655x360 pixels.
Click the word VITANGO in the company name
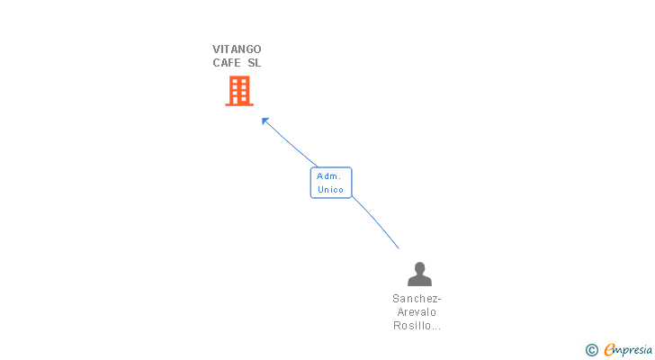tap(237, 49)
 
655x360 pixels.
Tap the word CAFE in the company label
tap(226, 63)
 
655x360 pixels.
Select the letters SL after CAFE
tap(254, 63)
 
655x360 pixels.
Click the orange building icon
tap(239, 91)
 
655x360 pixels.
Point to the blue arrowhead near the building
tap(265, 121)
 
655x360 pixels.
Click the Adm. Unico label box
tap(331, 183)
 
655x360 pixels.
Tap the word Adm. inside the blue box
tap(328, 176)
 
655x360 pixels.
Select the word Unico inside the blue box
tap(330, 190)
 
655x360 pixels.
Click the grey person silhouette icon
tap(419, 274)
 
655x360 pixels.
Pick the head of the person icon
tap(420, 267)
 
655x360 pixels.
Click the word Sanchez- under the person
tap(417, 299)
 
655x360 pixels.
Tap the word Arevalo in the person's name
tap(417, 312)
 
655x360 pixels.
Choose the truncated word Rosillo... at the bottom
tap(417, 326)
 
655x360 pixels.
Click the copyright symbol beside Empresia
tap(591, 350)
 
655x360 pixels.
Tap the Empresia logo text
tap(628, 350)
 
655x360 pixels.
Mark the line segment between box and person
tap(376, 221)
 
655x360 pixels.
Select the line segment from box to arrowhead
tap(291, 143)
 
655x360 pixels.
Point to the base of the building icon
tap(239, 104)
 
